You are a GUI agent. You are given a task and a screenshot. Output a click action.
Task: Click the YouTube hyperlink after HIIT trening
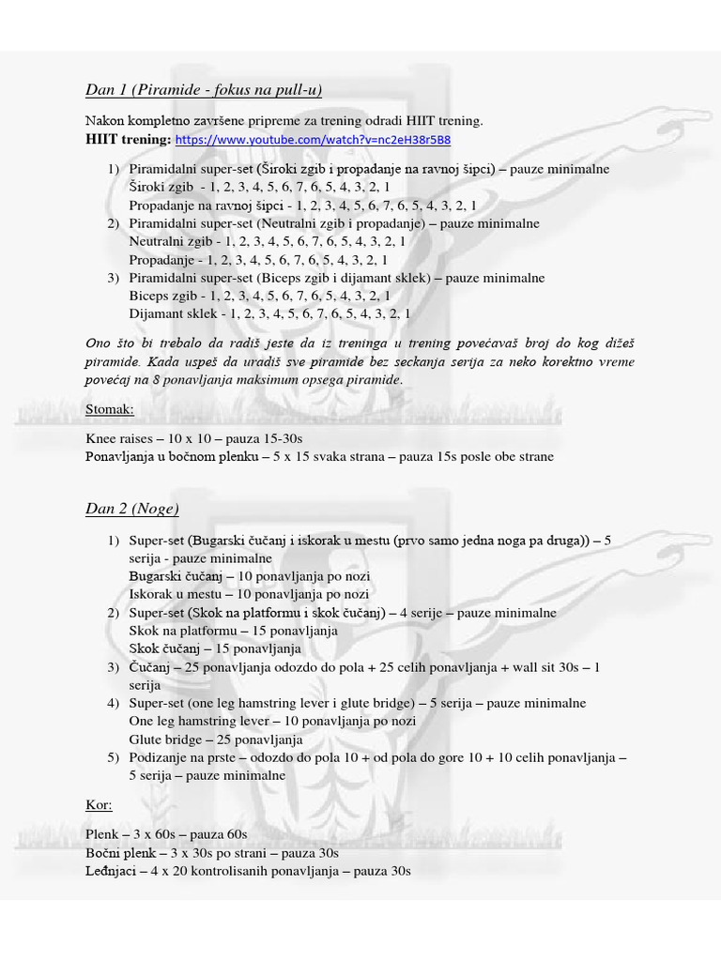click(x=313, y=140)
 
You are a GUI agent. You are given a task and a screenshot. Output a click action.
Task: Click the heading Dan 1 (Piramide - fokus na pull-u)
click(x=204, y=90)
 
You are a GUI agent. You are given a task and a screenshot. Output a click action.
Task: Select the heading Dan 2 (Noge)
click(x=131, y=509)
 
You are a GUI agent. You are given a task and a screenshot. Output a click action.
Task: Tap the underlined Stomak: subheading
click(x=110, y=409)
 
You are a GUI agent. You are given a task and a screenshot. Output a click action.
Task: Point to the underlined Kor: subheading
click(x=99, y=805)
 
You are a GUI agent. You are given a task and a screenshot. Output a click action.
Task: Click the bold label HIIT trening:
click(x=128, y=140)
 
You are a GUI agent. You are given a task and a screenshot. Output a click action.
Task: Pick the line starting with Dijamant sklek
click(x=269, y=313)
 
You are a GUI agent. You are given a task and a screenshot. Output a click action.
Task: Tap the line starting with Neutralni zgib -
click(x=270, y=241)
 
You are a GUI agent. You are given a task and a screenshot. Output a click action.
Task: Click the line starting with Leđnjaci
click(x=248, y=871)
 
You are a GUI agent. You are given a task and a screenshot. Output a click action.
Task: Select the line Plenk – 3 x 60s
click(x=165, y=834)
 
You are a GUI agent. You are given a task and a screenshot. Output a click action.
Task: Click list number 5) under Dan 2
click(x=113, y=757)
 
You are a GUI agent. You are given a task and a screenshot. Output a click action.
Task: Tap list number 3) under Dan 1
click(x=113, y=278)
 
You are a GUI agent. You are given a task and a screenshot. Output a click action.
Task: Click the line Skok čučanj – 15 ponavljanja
click(x=215, y=648)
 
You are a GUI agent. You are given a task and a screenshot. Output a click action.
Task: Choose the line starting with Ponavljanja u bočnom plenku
click(x=319, y=457)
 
